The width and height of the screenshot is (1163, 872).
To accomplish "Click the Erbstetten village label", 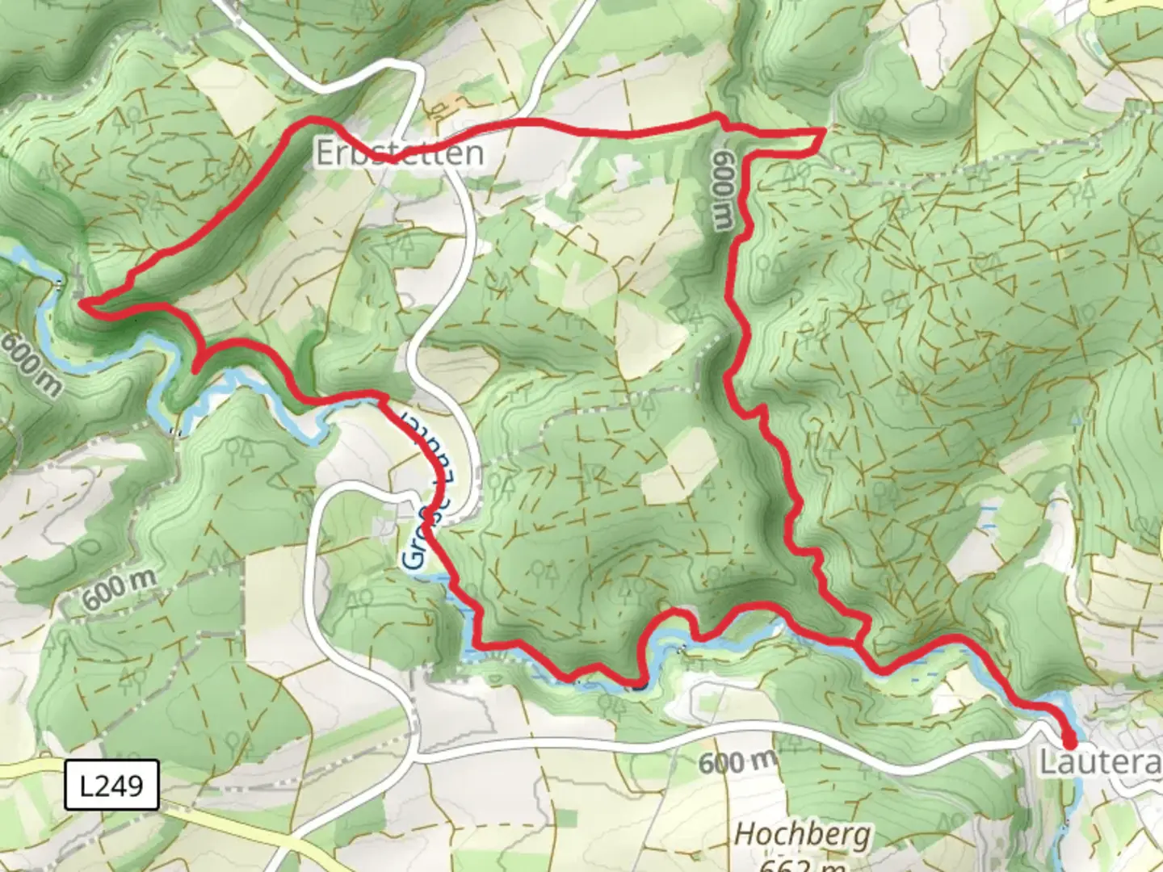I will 399,153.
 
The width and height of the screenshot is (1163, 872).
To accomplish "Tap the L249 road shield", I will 111,785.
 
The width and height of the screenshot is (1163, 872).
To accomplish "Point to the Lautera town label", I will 1099,761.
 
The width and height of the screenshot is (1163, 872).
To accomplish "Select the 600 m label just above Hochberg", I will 737,761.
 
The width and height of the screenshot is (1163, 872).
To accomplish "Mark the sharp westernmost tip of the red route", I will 81,302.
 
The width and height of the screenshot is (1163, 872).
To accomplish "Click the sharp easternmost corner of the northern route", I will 823,130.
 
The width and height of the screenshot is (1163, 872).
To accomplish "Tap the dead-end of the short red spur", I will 195,370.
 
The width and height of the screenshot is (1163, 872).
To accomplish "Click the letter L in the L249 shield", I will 87,785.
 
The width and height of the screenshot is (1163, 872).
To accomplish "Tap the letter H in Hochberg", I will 744,834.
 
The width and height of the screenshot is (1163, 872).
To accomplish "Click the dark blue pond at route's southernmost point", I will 638,687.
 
